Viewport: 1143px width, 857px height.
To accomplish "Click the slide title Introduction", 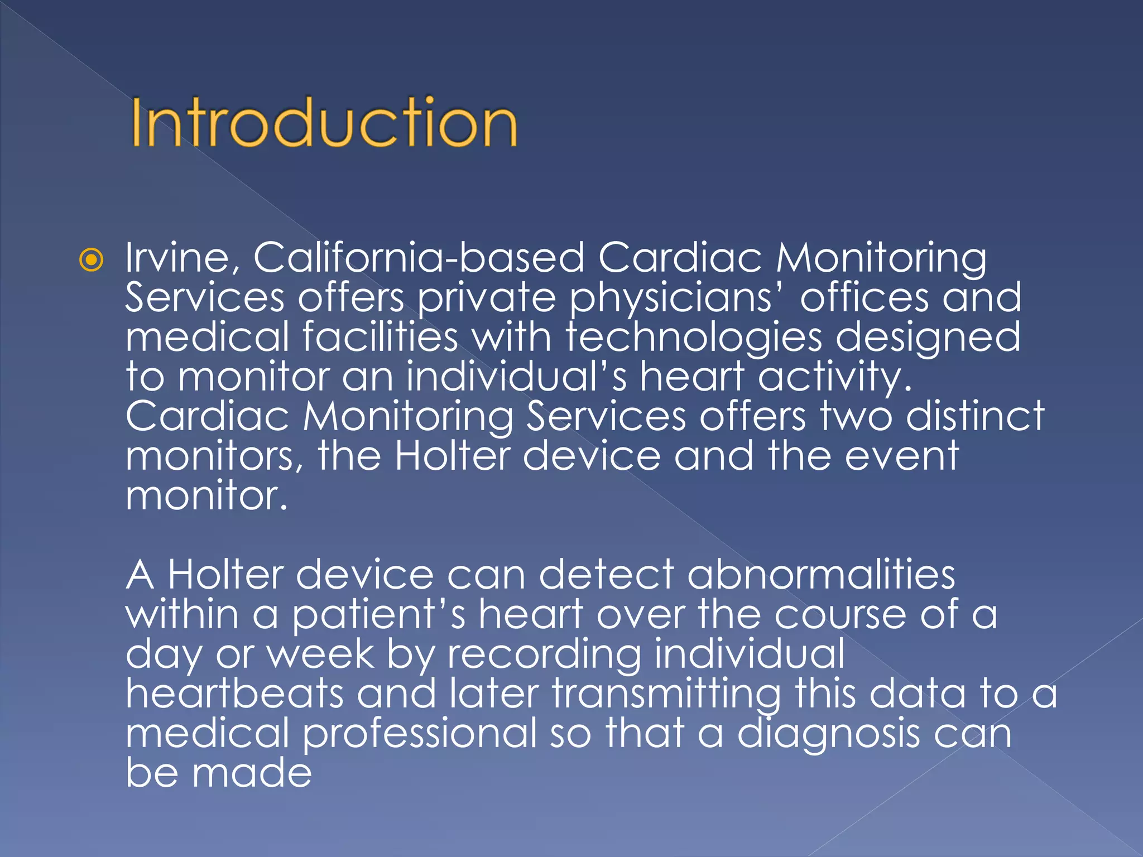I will point(324,123).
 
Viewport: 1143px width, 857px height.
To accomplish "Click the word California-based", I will point(419,258).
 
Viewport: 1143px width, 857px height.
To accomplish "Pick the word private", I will point(487,299).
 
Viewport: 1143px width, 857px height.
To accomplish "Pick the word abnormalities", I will point(821,575).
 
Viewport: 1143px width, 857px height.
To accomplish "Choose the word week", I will point(321,654).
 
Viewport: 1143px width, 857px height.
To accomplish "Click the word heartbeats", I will point(234,694).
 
